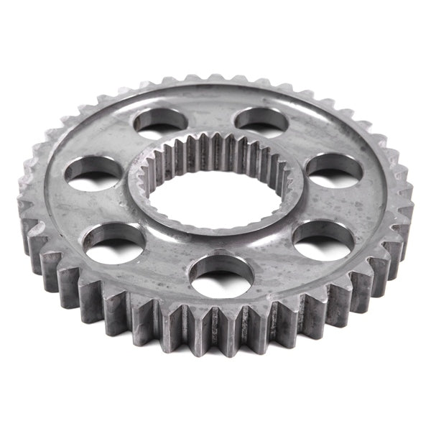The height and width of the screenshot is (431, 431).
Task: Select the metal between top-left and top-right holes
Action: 209,115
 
